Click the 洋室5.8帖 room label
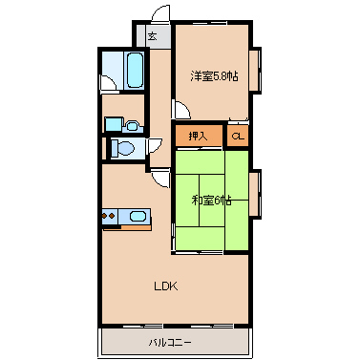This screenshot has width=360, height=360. (214, 76)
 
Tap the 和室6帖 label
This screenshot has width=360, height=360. (212, 201)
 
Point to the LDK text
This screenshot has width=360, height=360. (166, 286)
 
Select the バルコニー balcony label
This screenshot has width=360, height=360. (170, 343)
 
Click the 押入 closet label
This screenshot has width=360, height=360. (198, 137)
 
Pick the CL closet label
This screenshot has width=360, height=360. (238, 137)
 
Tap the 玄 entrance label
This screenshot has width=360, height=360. (152, 36)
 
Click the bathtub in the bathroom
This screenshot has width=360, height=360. (135, 70)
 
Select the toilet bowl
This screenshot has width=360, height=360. (122, 148)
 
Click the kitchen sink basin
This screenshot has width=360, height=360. (138, 217)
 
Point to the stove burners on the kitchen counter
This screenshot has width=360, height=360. (109, 216)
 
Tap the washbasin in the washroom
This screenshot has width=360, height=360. (132, 126)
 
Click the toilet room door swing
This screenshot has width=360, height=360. (155, 146)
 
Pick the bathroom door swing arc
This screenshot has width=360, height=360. (109, 83)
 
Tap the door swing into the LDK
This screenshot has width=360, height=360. (161, 180)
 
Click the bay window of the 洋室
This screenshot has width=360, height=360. (255, 71)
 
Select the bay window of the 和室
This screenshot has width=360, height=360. (255, 194)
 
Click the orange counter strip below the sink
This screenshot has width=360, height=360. (136, 227)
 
